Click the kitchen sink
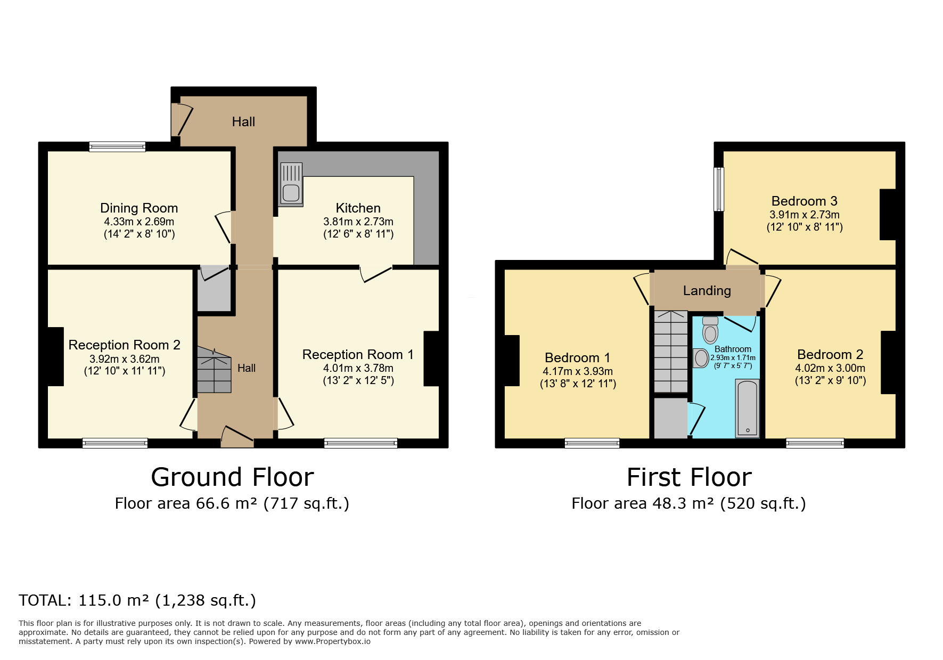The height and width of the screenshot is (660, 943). click(291, 184)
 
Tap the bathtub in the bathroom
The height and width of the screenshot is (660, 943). click(747, 408)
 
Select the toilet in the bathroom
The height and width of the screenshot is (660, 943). click(710, 330)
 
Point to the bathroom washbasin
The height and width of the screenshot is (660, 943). click(701, 358)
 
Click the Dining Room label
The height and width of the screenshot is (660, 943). click(139, 208)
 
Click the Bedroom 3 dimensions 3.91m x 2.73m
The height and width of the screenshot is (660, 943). click(804, 215)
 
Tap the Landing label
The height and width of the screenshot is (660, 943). click(707, 291)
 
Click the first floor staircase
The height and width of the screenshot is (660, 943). click(671, 352)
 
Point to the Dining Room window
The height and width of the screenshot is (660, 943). click(117, 146)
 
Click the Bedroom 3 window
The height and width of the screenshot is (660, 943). click(719, 189)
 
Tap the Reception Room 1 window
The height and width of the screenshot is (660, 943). click(360, 443)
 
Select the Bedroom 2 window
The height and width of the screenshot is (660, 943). click(815, 443)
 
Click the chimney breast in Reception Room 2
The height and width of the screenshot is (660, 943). click(55, 356)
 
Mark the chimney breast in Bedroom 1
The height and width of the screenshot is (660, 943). click(511, 360)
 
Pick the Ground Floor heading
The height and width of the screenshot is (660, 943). click(232, 477)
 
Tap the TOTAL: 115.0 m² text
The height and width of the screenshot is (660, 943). click(137, 600)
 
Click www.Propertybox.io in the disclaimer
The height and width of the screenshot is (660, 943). click(332, 641)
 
